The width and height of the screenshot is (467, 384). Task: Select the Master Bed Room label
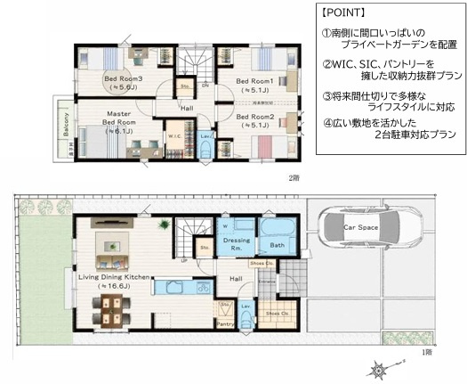[117, 122]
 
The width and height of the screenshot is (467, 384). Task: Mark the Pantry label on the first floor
[227, 325]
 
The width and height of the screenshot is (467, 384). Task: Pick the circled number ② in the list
[326, 63]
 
